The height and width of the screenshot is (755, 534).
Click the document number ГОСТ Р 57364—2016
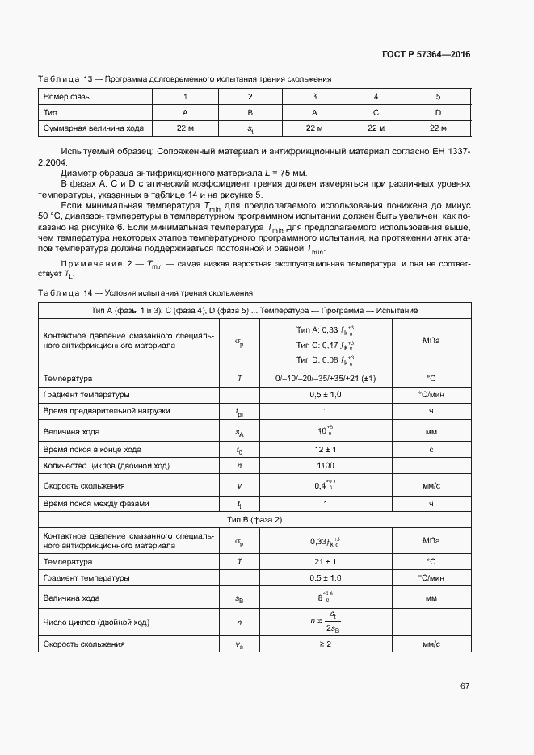click(427, 55)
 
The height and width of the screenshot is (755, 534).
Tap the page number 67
click(465, 686)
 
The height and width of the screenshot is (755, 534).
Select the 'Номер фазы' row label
click(66, 97)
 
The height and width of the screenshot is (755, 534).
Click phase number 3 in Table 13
click(314, 97)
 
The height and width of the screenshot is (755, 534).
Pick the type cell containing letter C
click(376, 112)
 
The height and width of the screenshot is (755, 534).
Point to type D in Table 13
click(438, 112)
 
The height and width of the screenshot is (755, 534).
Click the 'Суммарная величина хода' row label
click(82, 128)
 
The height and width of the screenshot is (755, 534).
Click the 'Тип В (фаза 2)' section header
click(255, 519)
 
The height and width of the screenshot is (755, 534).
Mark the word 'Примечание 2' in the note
click(90, 265)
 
